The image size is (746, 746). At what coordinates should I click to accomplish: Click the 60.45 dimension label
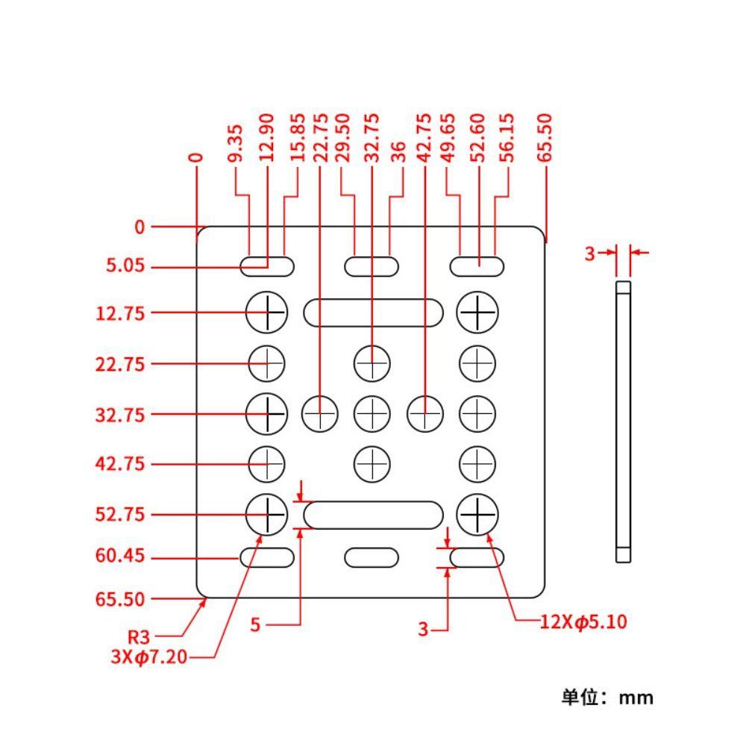click(119, 557)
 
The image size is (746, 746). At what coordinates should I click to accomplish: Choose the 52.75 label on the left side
click(119, 515)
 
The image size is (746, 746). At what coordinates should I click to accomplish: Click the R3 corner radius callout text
click(139, 638)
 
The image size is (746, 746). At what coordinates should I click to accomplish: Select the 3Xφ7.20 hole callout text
click(148, 656)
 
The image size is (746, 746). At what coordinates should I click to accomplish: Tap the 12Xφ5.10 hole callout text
click(583, 621)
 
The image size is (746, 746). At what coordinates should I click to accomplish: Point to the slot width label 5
click(255, 625)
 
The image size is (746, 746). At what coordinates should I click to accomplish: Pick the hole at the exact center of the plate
click(372, 413)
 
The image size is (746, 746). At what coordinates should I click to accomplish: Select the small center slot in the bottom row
click(372, 557)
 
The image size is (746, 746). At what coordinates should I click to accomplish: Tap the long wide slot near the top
click(373, 313)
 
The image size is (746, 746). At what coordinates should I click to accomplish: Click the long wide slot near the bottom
click(373, 515)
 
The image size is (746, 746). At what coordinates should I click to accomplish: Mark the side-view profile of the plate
click(623, 421)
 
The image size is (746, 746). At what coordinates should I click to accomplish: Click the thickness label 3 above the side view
click(589, 254)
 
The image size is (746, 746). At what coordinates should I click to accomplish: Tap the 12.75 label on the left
click(119, 313)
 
